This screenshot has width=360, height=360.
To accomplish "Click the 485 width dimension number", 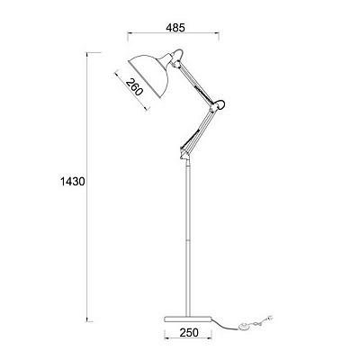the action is (x=175, y=28).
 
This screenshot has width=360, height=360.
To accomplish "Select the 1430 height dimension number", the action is (x=73, y=182).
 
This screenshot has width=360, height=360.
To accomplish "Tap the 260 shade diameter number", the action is (x=133, y=86).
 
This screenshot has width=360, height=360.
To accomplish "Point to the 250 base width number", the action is (x=189, y=332).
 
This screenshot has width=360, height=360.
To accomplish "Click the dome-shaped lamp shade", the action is (x=149, y=75).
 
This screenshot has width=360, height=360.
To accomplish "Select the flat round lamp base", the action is (x=188, y=319).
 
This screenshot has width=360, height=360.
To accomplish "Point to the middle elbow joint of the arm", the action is (x=218, y=105).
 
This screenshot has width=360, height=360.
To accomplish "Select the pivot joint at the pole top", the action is (x=184, y=154).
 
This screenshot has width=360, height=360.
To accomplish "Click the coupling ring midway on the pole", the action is (x=188, y=240).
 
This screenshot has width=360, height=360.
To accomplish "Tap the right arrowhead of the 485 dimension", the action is (x=217, y=33).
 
